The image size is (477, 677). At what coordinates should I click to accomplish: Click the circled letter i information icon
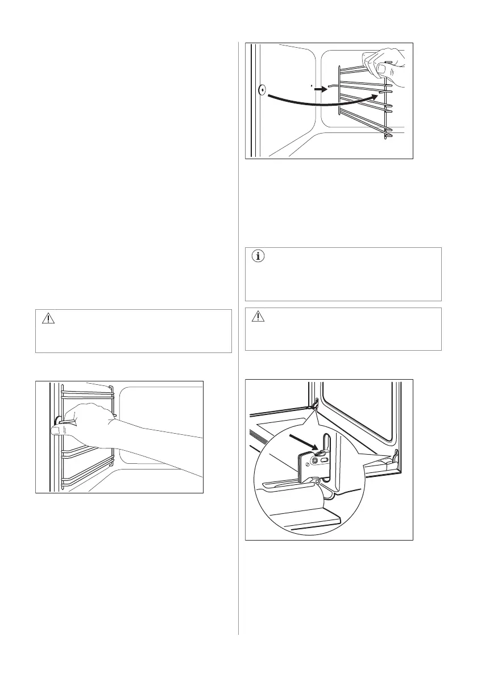(x=258, y=256)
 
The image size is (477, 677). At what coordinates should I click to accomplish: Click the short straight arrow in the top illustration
(x=322, y=89)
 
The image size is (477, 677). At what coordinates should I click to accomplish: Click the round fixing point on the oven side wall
(x=262, y=90)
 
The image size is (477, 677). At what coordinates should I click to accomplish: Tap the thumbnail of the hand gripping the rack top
(x=385, y=70)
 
